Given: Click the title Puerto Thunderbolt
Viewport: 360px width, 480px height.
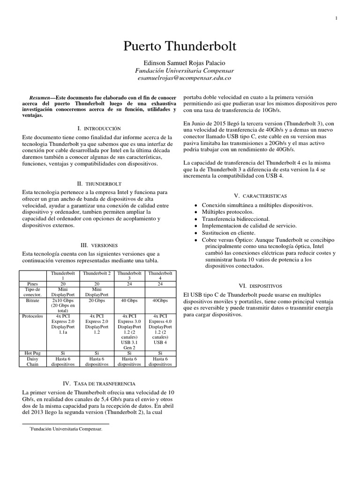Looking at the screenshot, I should (x=180, y=46).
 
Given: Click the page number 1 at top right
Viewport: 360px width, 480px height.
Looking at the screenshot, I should (x=337, y=18).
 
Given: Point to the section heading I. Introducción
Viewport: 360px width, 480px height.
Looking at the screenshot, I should (x=98, y=128).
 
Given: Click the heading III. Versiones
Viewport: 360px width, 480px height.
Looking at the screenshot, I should (x=98, y=245).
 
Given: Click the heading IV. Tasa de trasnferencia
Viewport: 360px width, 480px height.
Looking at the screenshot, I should (x=98, y=383).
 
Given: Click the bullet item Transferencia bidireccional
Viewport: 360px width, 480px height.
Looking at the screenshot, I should (x=235, y=219).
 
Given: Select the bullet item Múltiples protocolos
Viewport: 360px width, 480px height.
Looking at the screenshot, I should (x=227, y=212).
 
